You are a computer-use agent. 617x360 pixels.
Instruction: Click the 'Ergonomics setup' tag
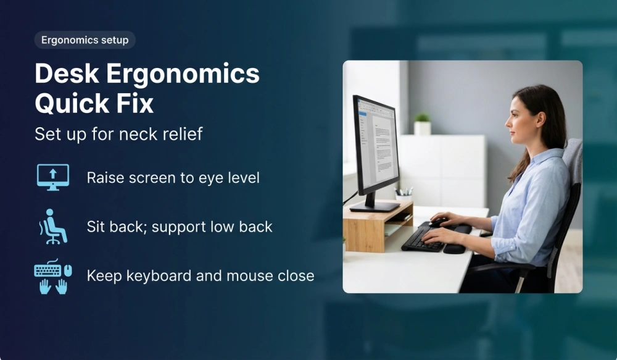pos(85,40)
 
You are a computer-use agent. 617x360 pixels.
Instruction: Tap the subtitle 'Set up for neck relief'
pos(118,134)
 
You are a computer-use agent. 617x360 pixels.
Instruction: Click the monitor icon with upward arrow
pos(52,177)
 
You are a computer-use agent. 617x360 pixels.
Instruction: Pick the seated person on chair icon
pos(52,226)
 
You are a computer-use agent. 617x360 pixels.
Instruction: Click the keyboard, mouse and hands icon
pos(52,275)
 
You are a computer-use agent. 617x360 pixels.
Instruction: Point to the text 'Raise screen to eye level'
pos(173,178)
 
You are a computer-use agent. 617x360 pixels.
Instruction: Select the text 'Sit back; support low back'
pos(180,227)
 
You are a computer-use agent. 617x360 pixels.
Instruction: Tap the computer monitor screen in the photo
pos(378,144)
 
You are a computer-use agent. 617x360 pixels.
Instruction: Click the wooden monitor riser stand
pos(376,225)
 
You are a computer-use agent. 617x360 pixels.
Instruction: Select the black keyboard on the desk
pos(423,239)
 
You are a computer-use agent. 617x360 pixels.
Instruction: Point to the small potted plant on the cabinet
pos(422,123)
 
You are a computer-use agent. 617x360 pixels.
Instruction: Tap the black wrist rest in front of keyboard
pos(455,248)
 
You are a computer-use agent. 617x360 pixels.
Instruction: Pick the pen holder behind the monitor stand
pos(404,195)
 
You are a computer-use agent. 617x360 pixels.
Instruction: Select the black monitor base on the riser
pos(374,206)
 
